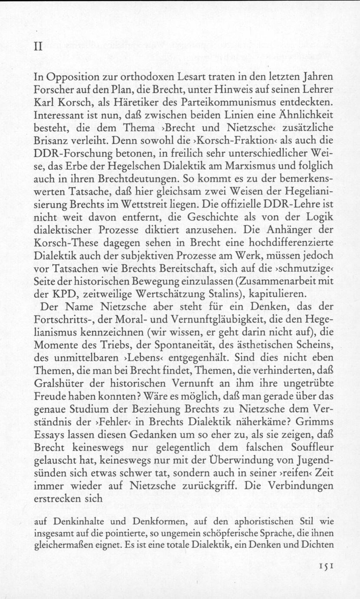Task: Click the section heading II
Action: (38, 47)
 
